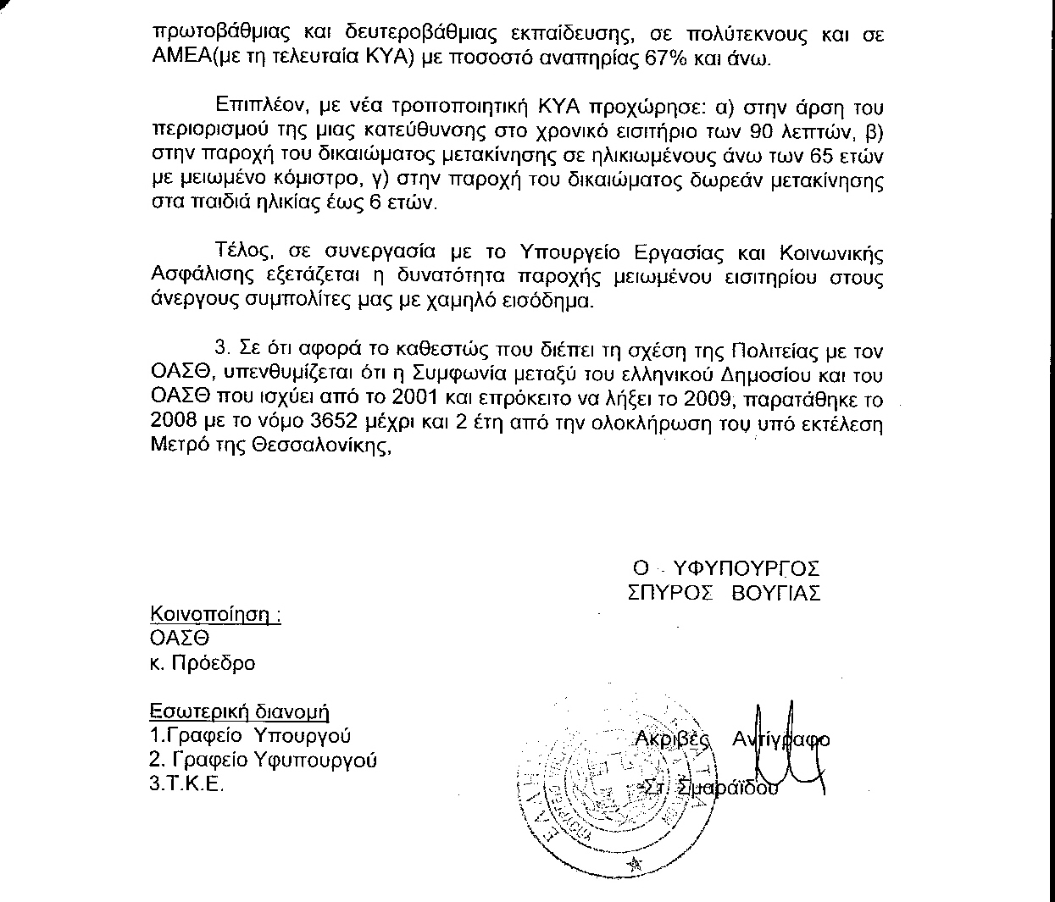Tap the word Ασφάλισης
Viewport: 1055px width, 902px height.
(x=193, y=277)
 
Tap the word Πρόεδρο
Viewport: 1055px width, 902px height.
(x=213, y=663)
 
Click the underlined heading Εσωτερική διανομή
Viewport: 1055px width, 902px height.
(x=240, y=711)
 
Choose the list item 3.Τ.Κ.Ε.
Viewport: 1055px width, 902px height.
(x=187, y=784)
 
